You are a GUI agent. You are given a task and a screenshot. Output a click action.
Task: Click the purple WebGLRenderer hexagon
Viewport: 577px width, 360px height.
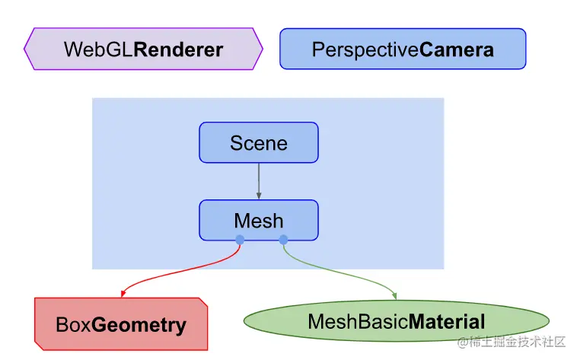[x=143, y=49]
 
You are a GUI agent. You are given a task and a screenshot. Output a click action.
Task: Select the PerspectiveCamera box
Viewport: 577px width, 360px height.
[x=403, y=49]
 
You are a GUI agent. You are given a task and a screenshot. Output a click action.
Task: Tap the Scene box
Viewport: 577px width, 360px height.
[x=258, y=143]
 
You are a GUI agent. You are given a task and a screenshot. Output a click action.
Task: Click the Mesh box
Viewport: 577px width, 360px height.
[x=258, y=221]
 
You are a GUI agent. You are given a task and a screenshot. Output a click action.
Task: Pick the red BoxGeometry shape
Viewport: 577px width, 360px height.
[x=121, y=325]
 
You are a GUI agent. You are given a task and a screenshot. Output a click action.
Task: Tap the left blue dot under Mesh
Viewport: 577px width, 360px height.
[x=240, y=240]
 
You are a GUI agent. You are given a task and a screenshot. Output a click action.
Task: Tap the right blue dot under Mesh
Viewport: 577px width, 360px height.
[x=283, y=240]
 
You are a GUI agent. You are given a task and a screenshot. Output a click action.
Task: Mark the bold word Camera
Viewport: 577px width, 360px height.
[x=457, y=50]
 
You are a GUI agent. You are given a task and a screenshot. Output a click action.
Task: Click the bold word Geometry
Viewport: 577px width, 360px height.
[x=139, y=326]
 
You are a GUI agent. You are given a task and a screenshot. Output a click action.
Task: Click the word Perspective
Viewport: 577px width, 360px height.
[x=365, y=50]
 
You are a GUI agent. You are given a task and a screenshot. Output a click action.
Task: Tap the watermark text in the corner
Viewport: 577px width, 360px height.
[x=511, y=342]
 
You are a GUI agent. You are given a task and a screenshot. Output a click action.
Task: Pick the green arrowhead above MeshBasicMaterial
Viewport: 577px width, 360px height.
[x=394, y=296]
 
